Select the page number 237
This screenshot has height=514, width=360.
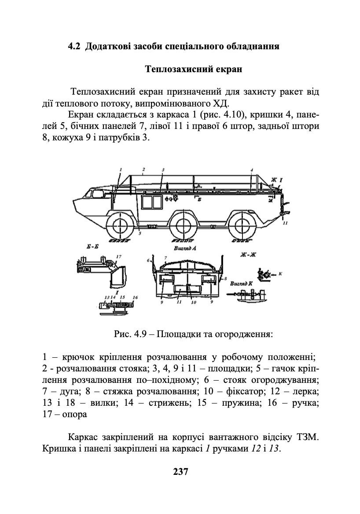[180, 472]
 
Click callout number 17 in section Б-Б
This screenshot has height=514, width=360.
[118, 256]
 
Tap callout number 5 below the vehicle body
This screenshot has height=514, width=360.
[140, 234]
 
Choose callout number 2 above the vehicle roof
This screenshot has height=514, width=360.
[143, 169]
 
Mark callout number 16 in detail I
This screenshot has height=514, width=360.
[135, 297]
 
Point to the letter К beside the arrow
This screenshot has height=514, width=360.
[280, 274]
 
